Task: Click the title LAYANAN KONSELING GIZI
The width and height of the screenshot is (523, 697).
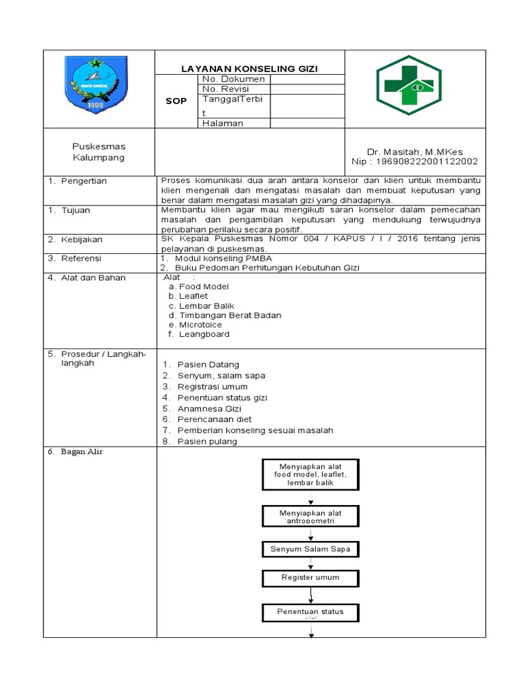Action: click(x=249, y=69)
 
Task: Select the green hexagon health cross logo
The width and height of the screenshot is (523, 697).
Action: click(x=409, y=85)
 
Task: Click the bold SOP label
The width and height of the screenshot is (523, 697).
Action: click(x=176, y=101)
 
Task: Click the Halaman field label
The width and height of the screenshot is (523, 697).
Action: click(x=223, y=123)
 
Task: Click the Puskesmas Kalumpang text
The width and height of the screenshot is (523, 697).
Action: click(x=99, y=152)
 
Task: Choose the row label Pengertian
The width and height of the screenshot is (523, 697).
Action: click(x=84, y=181)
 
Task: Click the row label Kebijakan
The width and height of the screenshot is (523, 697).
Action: click(x=82, y=240)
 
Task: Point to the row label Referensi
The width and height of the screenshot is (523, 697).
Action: click(x=81, y=259)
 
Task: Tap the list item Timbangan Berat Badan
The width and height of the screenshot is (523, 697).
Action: click(x=229, y=315)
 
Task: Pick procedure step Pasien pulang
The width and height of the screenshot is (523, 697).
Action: click(x=207, y=441)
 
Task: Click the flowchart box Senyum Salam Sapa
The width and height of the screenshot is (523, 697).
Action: click(x=311, y=549)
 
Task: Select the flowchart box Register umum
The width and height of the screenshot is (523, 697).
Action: click(x=311, y=577)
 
